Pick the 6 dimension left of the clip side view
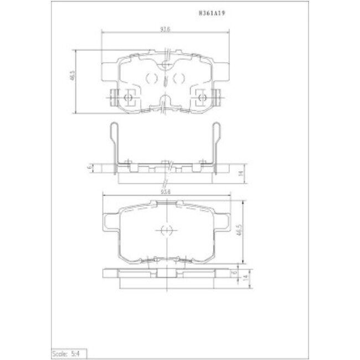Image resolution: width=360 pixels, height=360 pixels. pyautogui.click(x=89, y=166)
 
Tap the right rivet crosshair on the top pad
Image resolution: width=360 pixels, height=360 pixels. pyautogui.click(x=203, y=98)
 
